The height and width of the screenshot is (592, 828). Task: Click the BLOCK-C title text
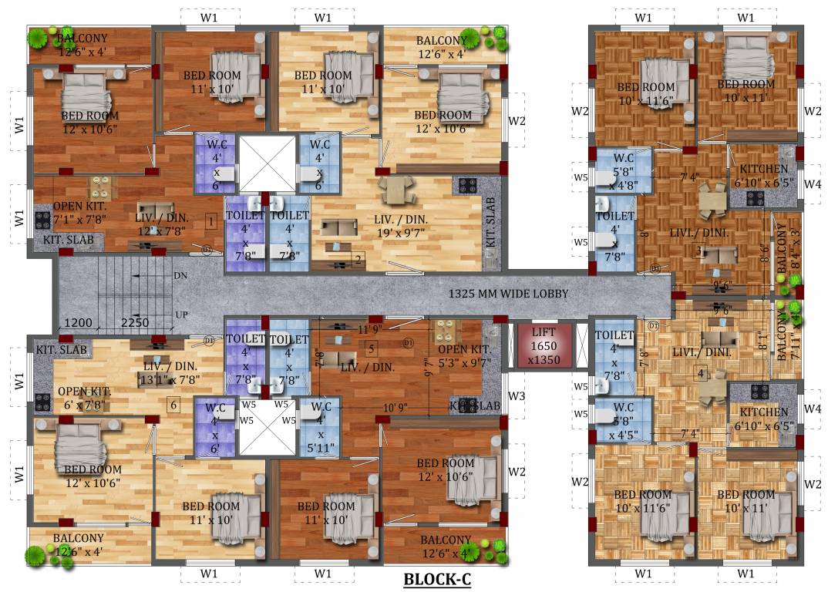(x=437, y=580)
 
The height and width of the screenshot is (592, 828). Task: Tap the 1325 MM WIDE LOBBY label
(x=508, y=294)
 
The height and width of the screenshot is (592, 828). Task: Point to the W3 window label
(x=517, y=397)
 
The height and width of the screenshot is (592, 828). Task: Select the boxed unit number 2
(x=358, y=260)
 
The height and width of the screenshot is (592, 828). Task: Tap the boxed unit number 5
(x=371, y=348)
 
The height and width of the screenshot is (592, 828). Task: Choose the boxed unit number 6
(x=174, y=404)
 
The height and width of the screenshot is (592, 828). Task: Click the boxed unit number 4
(x=701, y=375)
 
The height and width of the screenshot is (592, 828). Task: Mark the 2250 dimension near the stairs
(x=134, y=323)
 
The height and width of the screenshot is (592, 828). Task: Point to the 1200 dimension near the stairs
(x=78, y=323)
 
